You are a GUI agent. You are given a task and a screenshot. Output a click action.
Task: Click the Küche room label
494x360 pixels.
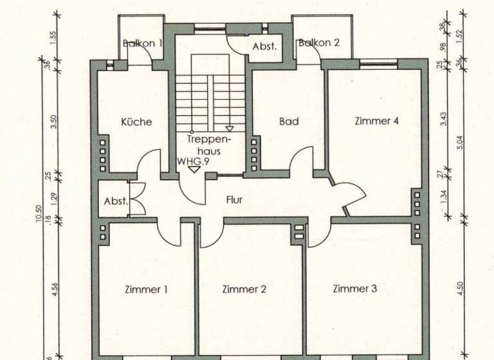(x=136, y=122)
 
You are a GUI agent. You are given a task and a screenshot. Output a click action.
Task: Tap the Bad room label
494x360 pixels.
(x=289, y=121)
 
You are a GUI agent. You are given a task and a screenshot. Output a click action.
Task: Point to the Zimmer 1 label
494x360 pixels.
(x=146, y=289)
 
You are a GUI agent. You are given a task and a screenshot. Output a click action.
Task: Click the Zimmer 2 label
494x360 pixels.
(x=244, y=289)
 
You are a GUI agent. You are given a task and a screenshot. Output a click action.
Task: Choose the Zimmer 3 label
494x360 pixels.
(x=354, y=289)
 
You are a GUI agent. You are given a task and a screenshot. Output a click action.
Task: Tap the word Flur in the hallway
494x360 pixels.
(x=234, y=199)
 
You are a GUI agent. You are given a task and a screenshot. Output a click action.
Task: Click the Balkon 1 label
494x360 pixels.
(x=143, y=44)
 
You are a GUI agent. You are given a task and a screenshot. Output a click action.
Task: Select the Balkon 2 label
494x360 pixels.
(x=318, y=43)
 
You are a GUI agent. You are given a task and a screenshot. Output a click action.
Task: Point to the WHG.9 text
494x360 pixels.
(x=194, y=162)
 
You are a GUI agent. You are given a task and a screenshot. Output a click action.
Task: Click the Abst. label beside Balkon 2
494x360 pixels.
(x=264, y=46)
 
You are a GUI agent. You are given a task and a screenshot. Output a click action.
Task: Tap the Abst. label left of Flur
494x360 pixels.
(x=116, y=201)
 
